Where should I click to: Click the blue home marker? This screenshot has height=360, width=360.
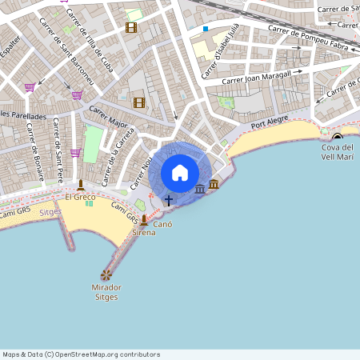[180, 173]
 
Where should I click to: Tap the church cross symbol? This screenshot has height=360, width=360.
[169, 198]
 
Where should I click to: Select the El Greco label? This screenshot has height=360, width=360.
[80, 196]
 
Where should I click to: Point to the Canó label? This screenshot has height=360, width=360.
[163, 225]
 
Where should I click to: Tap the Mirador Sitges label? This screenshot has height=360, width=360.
[106, 292]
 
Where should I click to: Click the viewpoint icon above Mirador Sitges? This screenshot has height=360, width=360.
[106, 274]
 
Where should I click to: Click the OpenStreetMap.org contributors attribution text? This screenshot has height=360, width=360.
[108, 354]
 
